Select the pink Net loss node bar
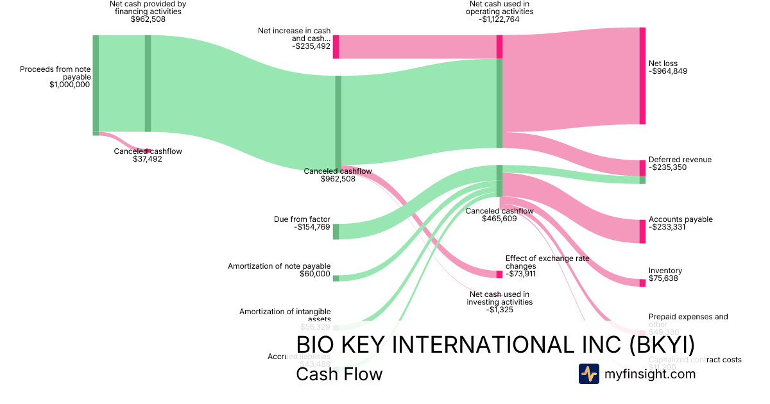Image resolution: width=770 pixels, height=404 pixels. click(642, 76)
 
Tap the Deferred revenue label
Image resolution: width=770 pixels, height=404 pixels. click(680, 160)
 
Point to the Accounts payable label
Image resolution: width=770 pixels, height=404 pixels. click(680, 219)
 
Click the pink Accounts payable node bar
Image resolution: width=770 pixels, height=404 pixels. click(642, 231)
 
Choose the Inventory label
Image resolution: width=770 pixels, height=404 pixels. click(665, 271)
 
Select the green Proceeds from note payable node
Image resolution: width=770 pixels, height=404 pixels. click(96, 83)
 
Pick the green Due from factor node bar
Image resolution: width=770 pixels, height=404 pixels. click(336, 231)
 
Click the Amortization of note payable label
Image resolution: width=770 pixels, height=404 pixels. click(279, 265)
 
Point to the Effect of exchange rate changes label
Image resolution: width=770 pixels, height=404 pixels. click(547, 262)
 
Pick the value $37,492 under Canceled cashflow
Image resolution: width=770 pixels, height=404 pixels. click(148, 159)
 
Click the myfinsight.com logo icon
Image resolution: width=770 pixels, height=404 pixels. click(588, 374)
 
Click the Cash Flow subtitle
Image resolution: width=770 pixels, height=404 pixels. click(339, 374)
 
